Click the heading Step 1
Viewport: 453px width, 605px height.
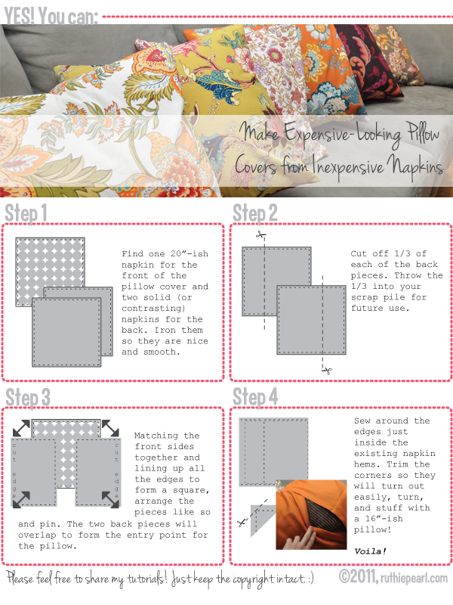click(x=26, y=213)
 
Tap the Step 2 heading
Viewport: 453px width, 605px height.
click(x=255, y=213)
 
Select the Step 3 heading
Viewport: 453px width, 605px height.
click(x=28, y=398)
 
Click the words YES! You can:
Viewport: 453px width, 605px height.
click(x=51, y=17)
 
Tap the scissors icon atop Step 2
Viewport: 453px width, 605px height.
click(x=261, y=234)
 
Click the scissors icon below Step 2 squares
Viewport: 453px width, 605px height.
click(x=327, y=371)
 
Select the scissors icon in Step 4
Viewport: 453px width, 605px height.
click(x=242, y=523)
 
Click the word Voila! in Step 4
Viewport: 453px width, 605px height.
click(x=370, y=551)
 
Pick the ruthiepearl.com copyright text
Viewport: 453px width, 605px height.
click(x=393, y=577)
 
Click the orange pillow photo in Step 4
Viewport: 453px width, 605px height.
click(x=311, y=514)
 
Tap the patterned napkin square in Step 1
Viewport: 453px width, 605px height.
click(x=50, y=272)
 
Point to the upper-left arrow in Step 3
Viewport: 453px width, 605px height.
click(x=21, y=428)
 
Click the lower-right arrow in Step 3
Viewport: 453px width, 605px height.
click(x=110, y=499)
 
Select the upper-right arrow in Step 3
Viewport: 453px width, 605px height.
click(x=110, y=428)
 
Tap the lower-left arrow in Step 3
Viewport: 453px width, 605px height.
click(x=21, y=499)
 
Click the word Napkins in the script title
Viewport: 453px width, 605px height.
click(x=415, y=166)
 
